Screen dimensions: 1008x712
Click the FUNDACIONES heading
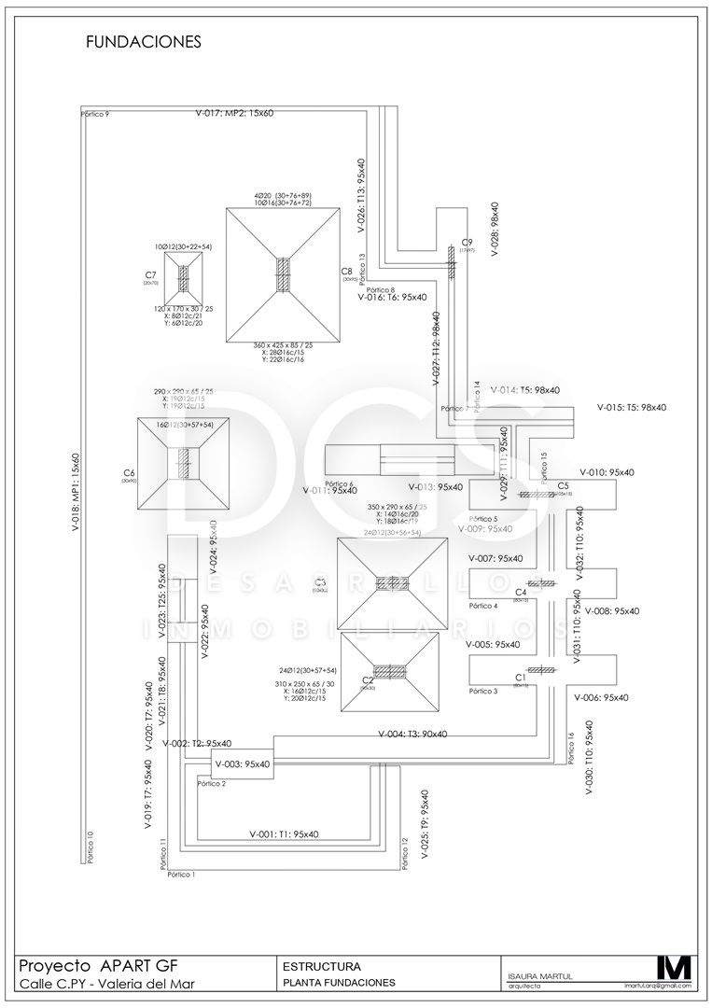pos(143,42)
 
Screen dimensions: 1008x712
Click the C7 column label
pos(150,274)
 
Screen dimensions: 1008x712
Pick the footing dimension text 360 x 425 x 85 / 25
pos(283,345)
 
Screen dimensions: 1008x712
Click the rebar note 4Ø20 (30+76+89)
pos(283,195)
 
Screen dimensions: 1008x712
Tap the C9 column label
pos(468,242)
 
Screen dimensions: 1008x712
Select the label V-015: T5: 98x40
pos(632,407)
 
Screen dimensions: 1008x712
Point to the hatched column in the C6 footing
pos(185,461)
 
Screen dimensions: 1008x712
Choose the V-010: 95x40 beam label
pos(607,472)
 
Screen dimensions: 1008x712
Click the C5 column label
pos(563,486)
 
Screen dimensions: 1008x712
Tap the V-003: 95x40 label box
pos(242,763)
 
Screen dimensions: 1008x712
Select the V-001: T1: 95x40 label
pos(285,833)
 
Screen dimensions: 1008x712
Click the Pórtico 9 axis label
pos(95,114)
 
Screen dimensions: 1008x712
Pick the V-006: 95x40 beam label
pos(601,696)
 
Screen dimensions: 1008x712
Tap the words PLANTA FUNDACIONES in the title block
pos(339,982)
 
